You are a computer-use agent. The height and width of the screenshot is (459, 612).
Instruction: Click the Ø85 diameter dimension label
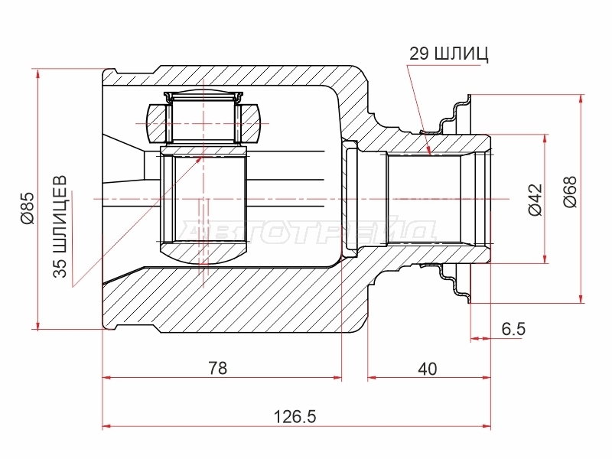(29, 208)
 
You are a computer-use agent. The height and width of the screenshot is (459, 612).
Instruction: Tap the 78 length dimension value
(217, 368)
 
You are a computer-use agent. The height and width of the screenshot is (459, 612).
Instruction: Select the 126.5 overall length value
(295, 417)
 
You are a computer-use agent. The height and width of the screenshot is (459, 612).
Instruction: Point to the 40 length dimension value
(428, 369)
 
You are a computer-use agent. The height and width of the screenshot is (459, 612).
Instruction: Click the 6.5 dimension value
(513, 329)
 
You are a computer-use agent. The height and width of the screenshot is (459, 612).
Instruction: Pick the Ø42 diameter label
(535, 200)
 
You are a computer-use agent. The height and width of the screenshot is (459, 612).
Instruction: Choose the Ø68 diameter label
(570, 192)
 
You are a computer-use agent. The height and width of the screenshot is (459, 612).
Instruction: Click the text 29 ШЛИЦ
(448, 54)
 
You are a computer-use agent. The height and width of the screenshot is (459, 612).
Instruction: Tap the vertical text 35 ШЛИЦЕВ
(60, 226)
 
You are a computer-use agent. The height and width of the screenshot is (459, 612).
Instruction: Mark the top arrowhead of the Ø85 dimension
(37, 74)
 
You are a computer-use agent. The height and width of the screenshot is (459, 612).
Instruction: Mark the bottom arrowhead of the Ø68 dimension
(581, 297)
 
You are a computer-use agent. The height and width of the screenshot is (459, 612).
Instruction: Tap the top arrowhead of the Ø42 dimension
(545, 141)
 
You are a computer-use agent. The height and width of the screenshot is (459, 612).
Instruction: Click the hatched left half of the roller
(156, 123)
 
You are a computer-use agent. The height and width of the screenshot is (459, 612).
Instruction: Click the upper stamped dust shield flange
(454, 114)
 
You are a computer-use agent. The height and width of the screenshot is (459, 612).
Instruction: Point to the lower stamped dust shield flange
(454, 284)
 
